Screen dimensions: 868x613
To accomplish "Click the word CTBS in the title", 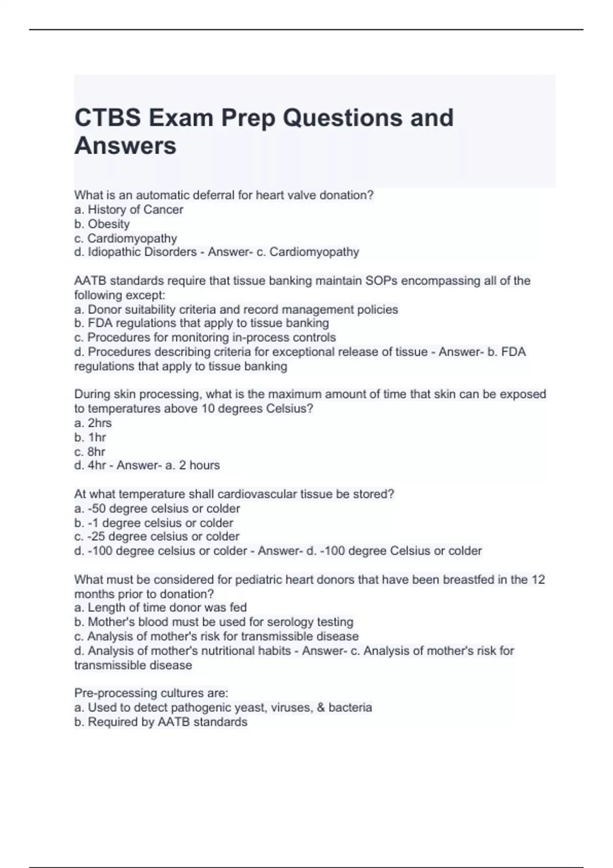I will pyautogui.click(x=108, y=118).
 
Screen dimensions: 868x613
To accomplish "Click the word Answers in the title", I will pyautogui.click(x=125, y=146).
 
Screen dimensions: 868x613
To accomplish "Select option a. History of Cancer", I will pyautogui.click(x=128, y=209).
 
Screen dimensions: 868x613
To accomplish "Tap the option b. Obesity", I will pyautogui.click(x=102, y=224).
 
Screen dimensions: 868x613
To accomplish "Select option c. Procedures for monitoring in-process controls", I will pyautogui.click(x=205, y=337).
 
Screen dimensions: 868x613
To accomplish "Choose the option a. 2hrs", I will pyautogui.click(x=92, y=423).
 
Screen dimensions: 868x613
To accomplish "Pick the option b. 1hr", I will pyautogui.click(x=90, y=437).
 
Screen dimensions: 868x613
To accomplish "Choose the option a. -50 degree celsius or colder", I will pyautogui.click(x=157, y=509).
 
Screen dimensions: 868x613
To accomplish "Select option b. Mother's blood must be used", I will pyautogui.click(x=214, y=622).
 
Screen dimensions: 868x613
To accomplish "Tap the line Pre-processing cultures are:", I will pyautogui.click(x=151, y=693).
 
